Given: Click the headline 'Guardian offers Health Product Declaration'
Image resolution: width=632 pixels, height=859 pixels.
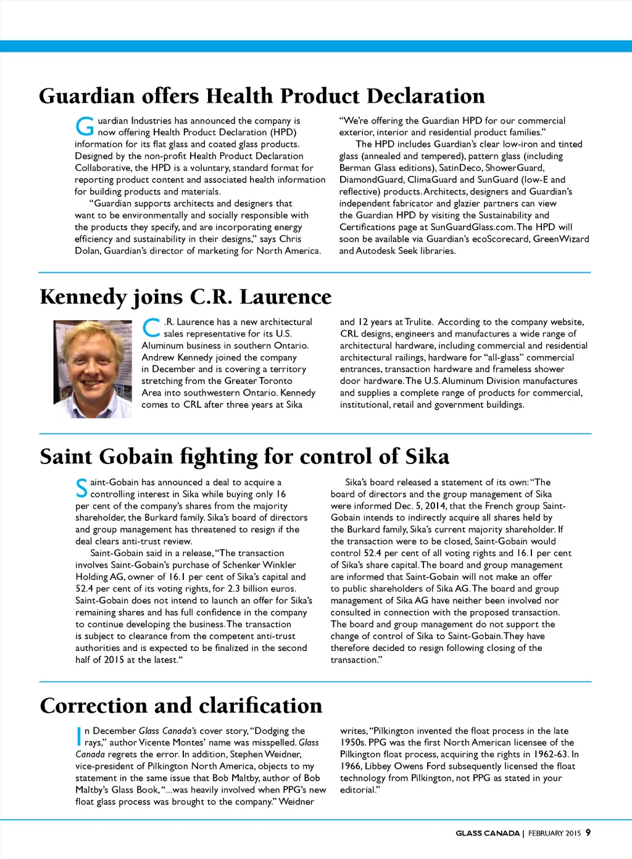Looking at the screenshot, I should coord(262,96).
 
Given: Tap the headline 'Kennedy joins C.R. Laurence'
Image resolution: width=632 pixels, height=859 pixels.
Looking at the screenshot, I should coord(185,297).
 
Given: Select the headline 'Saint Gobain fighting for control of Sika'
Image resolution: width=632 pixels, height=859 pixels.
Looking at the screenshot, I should coord(244,457).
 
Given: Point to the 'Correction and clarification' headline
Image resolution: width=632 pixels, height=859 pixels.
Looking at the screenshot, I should coord(181,705).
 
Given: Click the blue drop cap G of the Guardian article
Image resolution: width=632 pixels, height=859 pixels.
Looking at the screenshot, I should coord(85,127).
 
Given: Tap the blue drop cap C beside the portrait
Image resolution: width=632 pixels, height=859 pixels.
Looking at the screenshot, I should coord(151,328).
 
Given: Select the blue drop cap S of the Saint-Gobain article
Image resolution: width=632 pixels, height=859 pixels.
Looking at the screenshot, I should coord(81,488).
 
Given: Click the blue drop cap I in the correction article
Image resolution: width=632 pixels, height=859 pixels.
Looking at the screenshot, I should coord(78,736).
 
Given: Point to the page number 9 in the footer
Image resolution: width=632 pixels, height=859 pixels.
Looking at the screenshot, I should coord(588,832).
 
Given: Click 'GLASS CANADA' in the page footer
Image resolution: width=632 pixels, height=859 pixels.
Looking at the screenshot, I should coord(488,833).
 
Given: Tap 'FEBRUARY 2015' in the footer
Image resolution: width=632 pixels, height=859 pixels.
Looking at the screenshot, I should coord(554,833).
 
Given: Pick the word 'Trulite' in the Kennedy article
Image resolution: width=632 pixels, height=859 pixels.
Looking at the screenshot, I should coord(418,322).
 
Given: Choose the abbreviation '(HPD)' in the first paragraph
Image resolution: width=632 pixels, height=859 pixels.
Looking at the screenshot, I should coord(283,132).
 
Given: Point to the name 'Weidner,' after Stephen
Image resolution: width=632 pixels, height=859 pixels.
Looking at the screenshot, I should coord(280,754).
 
